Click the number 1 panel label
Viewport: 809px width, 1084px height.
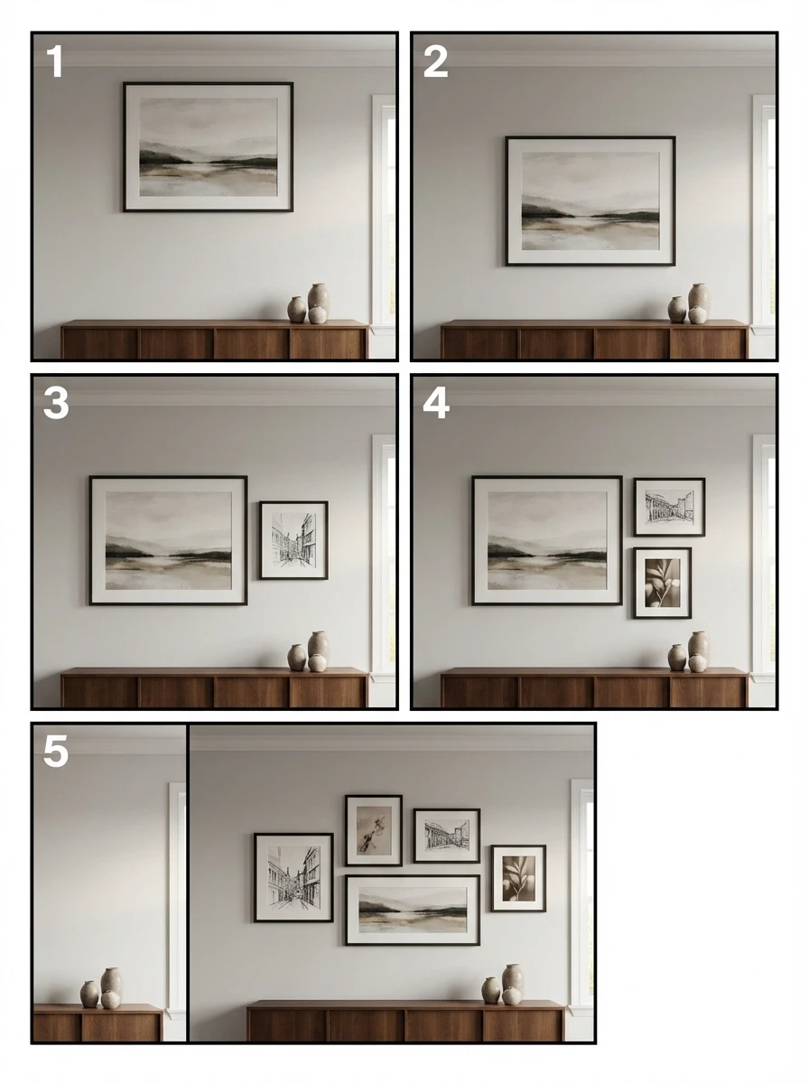click(x=54, y=61)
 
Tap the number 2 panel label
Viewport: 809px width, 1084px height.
click(x=435, y=61)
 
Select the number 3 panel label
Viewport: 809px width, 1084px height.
click(x=56, y=403)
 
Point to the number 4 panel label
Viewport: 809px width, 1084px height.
click(x=436, y=403)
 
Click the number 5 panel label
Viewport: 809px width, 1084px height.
click(x=56, y=752)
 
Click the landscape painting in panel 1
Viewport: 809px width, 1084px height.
click(x=208, y=147)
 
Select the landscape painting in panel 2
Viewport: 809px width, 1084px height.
click(x=590, y=201)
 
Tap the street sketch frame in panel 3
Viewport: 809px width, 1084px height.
click(x=293, y=540)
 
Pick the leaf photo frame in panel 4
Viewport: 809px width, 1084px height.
click(x=662, y=583)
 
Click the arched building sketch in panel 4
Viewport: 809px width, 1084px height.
click(x=669, y=507)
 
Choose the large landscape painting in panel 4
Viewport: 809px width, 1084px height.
click(x=547, y=540)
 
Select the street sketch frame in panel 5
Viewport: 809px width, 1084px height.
click(x=293, y=877)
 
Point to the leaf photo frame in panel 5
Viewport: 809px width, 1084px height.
click(x=518, y=879)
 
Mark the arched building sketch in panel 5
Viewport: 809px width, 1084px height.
click(x=447, y=836)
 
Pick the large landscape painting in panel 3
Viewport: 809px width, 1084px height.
click(x=168, y=540)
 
